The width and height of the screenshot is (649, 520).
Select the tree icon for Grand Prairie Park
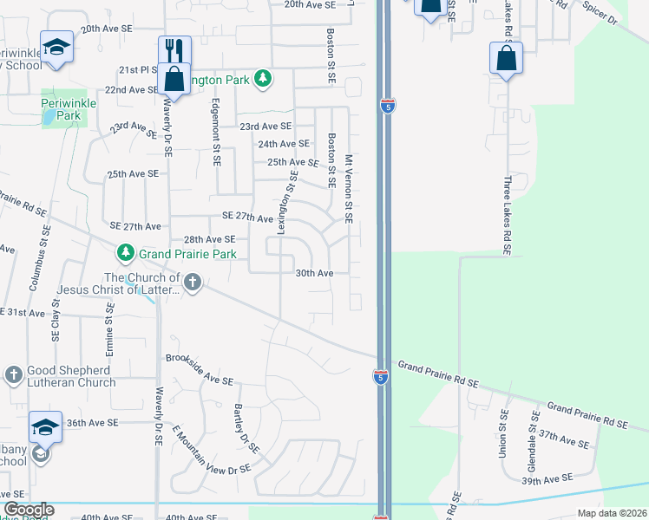[x=127, y=253]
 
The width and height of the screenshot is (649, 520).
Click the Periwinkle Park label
[x=62, y=109]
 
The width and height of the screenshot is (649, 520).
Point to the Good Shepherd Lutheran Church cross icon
[x=12, y=374]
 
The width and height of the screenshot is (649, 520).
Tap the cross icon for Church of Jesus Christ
[x=193, y=281]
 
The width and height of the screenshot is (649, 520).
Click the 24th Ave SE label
[x=284, y=144]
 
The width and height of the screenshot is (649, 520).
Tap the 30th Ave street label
[x=314, y=273]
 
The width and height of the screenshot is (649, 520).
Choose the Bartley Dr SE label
[x=246, y=429]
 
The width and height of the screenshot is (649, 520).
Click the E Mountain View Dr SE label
[x=211, y=448]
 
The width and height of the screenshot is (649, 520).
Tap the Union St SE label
[x=504, y=434]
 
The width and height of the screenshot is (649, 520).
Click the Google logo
[x=29, y=510]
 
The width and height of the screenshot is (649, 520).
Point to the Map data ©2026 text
[x=612, y=513]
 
